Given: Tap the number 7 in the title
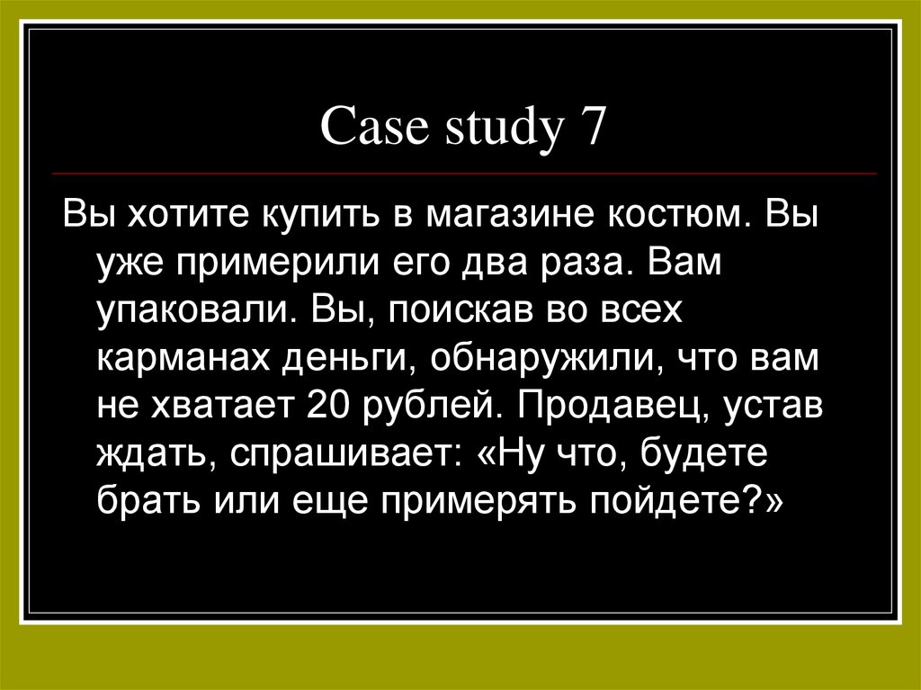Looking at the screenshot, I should coord(588,128).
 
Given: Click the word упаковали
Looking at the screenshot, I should coord(197,314).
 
